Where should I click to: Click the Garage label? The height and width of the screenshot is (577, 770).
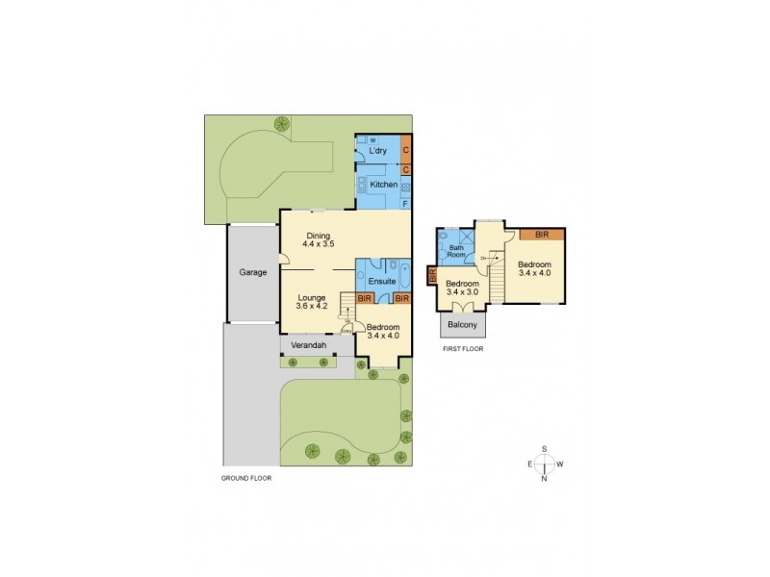coord(253,272)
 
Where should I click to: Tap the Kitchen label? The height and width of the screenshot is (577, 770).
coord(371,184)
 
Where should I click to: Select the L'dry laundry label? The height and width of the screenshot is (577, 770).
coord(377,152)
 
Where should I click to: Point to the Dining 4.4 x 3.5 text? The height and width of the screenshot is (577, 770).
coord(318,240)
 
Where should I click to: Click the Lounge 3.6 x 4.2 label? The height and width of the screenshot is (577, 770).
coord(312,302)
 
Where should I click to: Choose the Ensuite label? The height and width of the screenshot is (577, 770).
coord(381,281)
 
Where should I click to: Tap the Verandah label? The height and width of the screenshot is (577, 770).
coord(309,344)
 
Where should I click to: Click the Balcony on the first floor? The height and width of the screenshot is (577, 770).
coord(463,325)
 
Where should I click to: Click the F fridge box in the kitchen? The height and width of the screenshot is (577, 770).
coord(405,203)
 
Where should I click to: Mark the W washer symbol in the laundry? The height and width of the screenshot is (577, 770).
coord(372,141)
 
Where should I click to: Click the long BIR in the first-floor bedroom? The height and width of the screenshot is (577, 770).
coord(542,234)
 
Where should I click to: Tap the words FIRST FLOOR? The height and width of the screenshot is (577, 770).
coord(462,349)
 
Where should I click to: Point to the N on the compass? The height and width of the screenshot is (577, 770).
coord(545,478)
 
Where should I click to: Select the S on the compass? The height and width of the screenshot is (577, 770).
coord(545,449)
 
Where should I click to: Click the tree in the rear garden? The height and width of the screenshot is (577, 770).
coord(282,123)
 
